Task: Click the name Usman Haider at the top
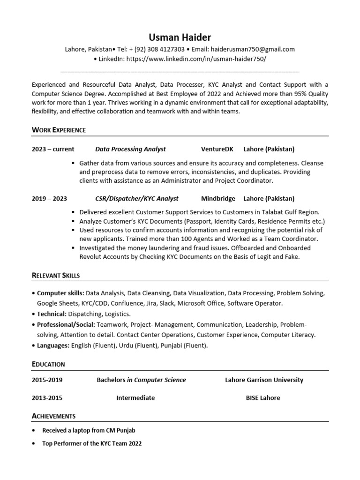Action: (x=180, y=37)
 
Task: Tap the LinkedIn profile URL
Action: (x=196, y=59)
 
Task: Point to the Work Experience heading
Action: (x=59, y=130)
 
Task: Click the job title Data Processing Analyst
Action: (x=130, y=149)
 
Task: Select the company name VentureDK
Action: (x=217, y=149)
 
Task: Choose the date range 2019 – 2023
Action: (x=49, y=198)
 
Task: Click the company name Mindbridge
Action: (x=218, y=198)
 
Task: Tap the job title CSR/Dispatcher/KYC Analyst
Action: (x=137, y=198)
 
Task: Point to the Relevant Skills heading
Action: (x=56, y=275)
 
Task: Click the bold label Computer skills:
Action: (x=60, y=293)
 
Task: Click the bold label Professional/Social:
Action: (x=66, y=324)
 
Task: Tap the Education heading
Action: (x=48, y=364)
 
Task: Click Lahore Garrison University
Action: (x=264, y=380)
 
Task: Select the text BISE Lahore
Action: (x=263, y=397)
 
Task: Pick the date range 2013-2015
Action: (x=47, y=397)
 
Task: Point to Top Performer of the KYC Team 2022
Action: (x=92, y=443)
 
